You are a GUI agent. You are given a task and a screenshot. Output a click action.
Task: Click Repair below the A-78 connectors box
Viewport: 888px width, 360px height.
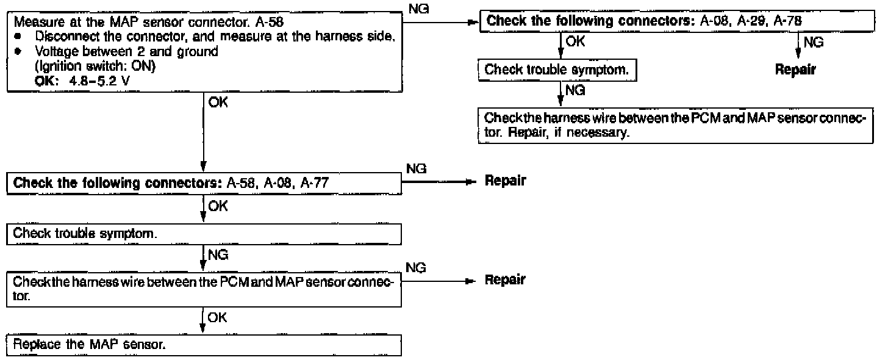(x=795, y=70)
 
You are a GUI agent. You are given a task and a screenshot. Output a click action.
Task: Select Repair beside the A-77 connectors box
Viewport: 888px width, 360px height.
(x=506, y=181)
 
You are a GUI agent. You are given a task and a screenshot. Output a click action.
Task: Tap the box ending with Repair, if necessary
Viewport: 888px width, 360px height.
(x=675, y=125)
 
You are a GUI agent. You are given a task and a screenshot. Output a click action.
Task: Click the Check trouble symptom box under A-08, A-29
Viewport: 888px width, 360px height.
(x=557, y=70)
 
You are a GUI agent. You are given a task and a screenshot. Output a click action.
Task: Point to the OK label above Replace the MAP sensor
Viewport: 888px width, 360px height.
(x=217, y=317)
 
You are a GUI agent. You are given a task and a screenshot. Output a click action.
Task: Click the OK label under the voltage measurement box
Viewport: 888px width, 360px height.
(x=218, y=103)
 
